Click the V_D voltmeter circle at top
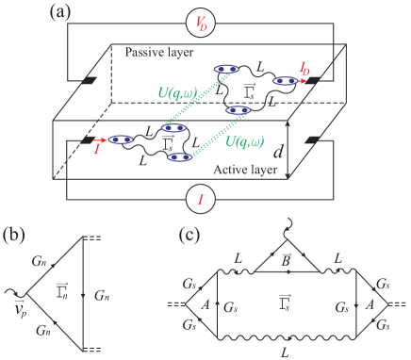click(201, 24)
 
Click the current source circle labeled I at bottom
click(201, 199)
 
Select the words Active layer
click(242, 171)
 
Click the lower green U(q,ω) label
click(249, 143)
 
